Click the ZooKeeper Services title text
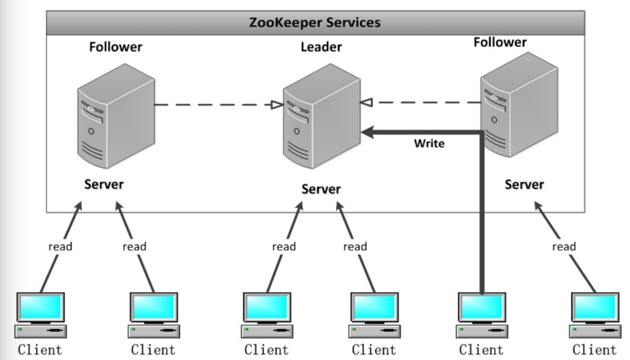click(315, 23)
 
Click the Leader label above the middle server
click(321, 47)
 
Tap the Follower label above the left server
click(115, 47)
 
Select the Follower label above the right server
click(500, 42)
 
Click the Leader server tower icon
click(321, 117)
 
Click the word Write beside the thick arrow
click(429, 143)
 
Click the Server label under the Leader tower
click(321, 189)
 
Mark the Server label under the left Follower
click(104, 184)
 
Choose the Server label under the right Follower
click(524, 184)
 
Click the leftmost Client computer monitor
click(40, 308)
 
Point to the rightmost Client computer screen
click(595, 308)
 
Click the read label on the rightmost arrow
click(564, 246)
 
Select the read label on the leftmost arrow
click(60, 246)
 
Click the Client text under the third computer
click(267, 349)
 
